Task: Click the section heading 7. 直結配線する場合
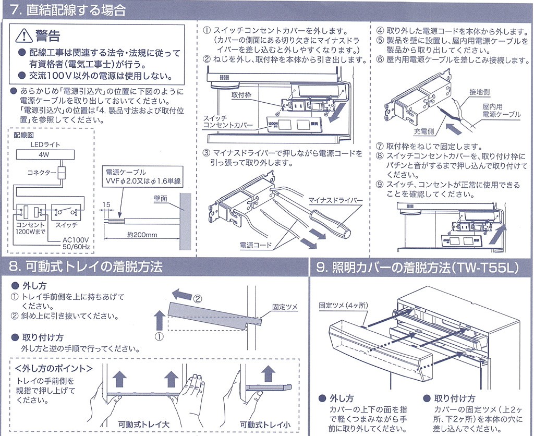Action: point(68,9)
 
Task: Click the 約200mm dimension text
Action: point(142,235)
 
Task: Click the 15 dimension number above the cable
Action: point(106,205)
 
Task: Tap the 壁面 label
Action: point(160,199)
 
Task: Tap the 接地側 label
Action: point(479,92)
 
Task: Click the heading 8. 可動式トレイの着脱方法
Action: point(86,267)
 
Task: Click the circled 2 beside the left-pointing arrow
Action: point(198,299)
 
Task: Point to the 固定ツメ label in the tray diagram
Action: point(285,307)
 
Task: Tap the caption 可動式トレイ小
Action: point(265,424)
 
